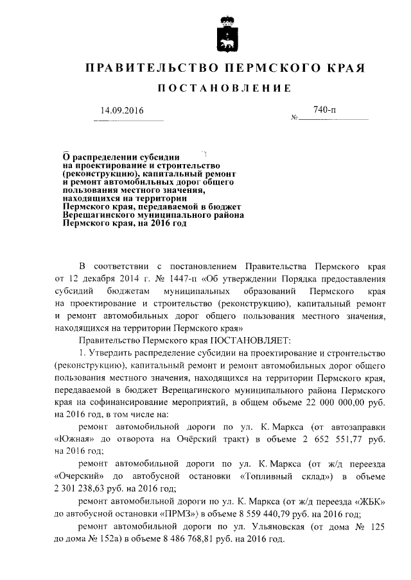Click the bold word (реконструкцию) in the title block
point(99,174)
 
